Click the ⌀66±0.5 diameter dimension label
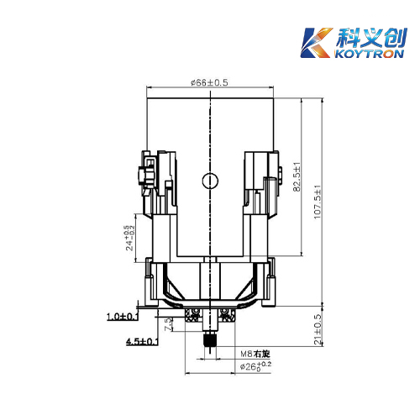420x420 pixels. tap(209, 82)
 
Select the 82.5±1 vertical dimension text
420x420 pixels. tap(297, 176)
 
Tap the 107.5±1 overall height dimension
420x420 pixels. tap(318, 202)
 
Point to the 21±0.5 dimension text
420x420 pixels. tap(318, 329)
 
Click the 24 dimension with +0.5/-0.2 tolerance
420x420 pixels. tap(130, 238)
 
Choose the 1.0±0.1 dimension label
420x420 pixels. tap(123, 317)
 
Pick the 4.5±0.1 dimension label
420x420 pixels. tap(142, 341)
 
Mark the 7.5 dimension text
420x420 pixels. tap(169, 324)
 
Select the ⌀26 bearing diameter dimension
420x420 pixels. tap(255, 366)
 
